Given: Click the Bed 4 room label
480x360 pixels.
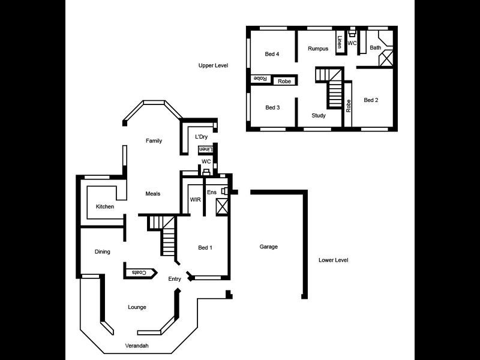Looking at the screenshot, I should pyautogui.click(x=272, y=54).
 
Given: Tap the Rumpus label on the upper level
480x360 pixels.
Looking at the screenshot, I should pyautogui.click(x=317, y=49).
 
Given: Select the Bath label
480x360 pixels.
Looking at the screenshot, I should pyautogui.click(x=376, y=47).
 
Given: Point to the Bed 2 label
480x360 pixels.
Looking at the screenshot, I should pyautogui.click(x=371, y=100).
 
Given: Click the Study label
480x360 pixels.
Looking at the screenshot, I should pyautogui.click(x=319, y=115).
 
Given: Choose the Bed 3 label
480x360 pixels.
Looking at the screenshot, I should pyautogui.click(x=272, y=107).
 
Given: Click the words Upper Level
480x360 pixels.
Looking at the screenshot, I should pyautogui.click(x=213, y=65).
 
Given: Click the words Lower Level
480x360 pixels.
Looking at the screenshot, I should pyautogui.click(x=334, y=260).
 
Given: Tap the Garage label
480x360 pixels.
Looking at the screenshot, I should pyautogui.click(x=268, y=247).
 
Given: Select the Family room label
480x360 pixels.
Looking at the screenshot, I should pyautogui.click(x=154, y=141).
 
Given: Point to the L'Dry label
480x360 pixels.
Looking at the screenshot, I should pyautogui.click(x=201, y=137).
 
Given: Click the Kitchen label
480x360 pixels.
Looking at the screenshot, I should pyautogui.click(x=105, y=207).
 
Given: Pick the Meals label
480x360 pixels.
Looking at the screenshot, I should pyautogui.click(x=153, y=194).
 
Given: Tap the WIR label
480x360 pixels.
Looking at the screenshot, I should pyautogui.click(x=195, y=199).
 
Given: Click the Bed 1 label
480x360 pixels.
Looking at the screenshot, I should pyautogui.click(x=205, y=247).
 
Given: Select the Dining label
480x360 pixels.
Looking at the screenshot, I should pyautogui.click(x=102, y=252).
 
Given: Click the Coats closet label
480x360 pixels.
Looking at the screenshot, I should pyautogui.click(x=139, y=273).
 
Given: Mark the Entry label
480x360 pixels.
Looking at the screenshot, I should pyautogui.click(x=175, y=279).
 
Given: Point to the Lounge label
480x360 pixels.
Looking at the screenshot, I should pyautogui.click(x=137, y=307).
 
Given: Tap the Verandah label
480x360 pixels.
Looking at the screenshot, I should pyautogui.click(x=136, y=346).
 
